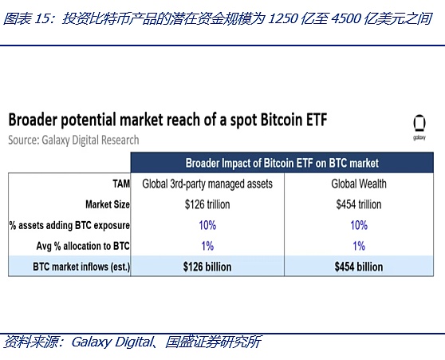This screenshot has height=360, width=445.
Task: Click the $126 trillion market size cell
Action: pyautogui.click(x=207, y=204)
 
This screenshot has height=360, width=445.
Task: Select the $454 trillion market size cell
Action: pyautogui.click(x=359, y=204)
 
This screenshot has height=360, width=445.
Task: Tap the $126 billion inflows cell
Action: pyautogui.click(x=207, y=267)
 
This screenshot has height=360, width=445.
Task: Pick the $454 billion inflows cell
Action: pyautogui.click(x=359, y=267)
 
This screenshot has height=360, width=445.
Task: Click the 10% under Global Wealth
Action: pyautogui.click(x=359, y=225)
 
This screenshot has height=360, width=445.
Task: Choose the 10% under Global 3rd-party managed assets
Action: pyautogui.click(x=207, y=225)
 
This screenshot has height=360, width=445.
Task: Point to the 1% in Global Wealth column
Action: pyautogui.click(x=359, y=246)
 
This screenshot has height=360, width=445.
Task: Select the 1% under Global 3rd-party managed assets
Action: pyautogui.click(x=207, y=246)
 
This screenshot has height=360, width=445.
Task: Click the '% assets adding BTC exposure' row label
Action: pyautogui.click(x=69, y=225)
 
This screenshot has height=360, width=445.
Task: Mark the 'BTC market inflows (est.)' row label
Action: pyautogui.click(x=78, y=267)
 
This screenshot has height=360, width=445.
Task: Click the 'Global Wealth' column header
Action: pyautogui.click(x=359, y=184)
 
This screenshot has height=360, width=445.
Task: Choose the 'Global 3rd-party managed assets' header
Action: pyautogui.click(x=207, y=184)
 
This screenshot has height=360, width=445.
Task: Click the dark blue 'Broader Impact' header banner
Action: pyautogui.click(x=282, y=162)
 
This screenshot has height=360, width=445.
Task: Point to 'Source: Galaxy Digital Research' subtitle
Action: pyautogui.click(x=73, y=140)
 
